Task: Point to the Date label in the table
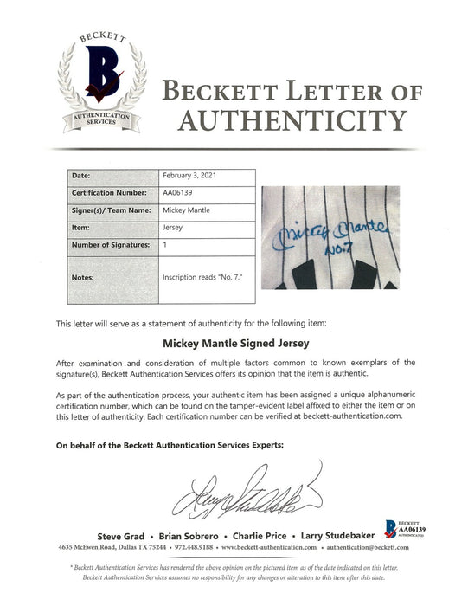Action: click(81, 175)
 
